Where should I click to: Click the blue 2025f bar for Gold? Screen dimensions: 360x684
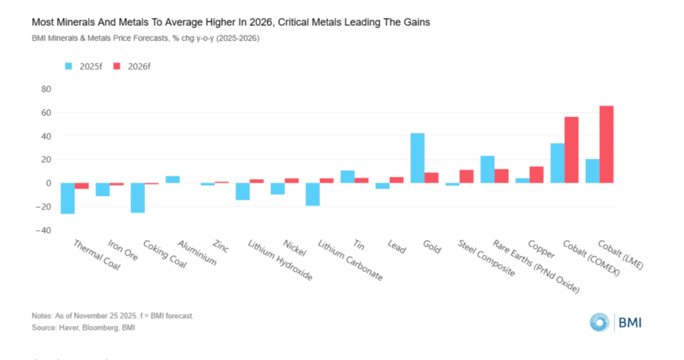[x=417, y=158]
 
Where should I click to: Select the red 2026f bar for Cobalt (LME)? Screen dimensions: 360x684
[x=607, y=144]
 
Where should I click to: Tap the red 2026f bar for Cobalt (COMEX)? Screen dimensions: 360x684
[x=572, y=150]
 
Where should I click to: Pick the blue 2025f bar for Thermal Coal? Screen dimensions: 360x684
[x=67, y=198]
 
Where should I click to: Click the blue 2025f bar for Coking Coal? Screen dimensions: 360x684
[x=138, y=198]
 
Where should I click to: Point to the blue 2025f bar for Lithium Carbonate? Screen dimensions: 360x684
[x=313, y=194]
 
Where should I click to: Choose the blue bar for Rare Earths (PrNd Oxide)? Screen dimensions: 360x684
[x=488, y=169]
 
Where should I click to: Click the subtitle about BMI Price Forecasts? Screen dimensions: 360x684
[x=146, y=38]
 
